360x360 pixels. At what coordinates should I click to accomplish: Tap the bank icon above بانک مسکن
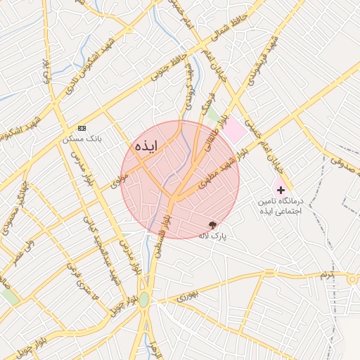[82, 128]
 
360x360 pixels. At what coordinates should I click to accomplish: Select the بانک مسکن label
[82, 139]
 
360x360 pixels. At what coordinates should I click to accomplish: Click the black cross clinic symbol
[281, 191]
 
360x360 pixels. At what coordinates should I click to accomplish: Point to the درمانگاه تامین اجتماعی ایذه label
[280, 206]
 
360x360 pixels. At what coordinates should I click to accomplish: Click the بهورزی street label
[188, 298]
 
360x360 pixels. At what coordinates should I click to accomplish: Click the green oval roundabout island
[144, 300]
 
